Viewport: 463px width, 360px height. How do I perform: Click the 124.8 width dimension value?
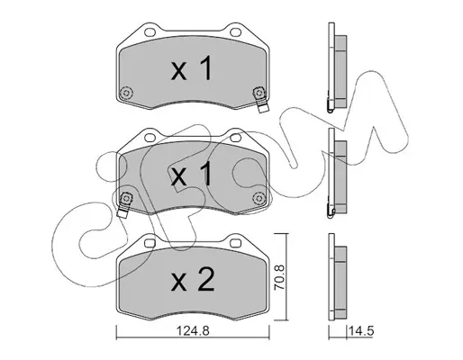click(192, 331)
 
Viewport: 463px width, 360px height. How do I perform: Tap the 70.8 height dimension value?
click(279, 277)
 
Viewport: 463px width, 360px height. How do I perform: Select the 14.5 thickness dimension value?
click(361, 331)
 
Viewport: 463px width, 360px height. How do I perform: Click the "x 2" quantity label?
click(192, 280)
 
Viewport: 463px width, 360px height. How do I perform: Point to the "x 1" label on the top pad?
click(192, 68)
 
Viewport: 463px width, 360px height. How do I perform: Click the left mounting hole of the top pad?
click(150, 31)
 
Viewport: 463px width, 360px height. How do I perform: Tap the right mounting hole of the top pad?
click(235, 31)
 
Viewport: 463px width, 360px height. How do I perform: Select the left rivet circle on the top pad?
click(126, 92)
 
